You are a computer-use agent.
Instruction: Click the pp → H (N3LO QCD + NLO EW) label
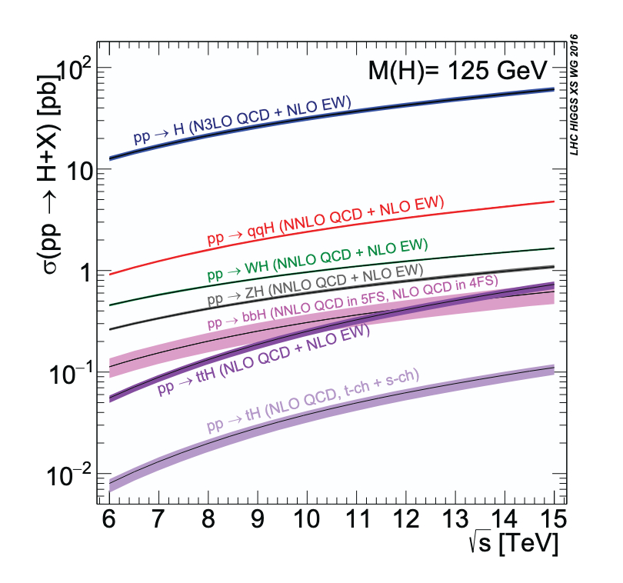242,121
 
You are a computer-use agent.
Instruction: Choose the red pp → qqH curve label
325,222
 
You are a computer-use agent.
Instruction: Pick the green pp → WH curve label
317,259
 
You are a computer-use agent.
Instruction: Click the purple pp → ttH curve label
264,359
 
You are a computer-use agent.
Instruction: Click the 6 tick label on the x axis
109,516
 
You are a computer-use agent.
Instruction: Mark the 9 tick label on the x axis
258,516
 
